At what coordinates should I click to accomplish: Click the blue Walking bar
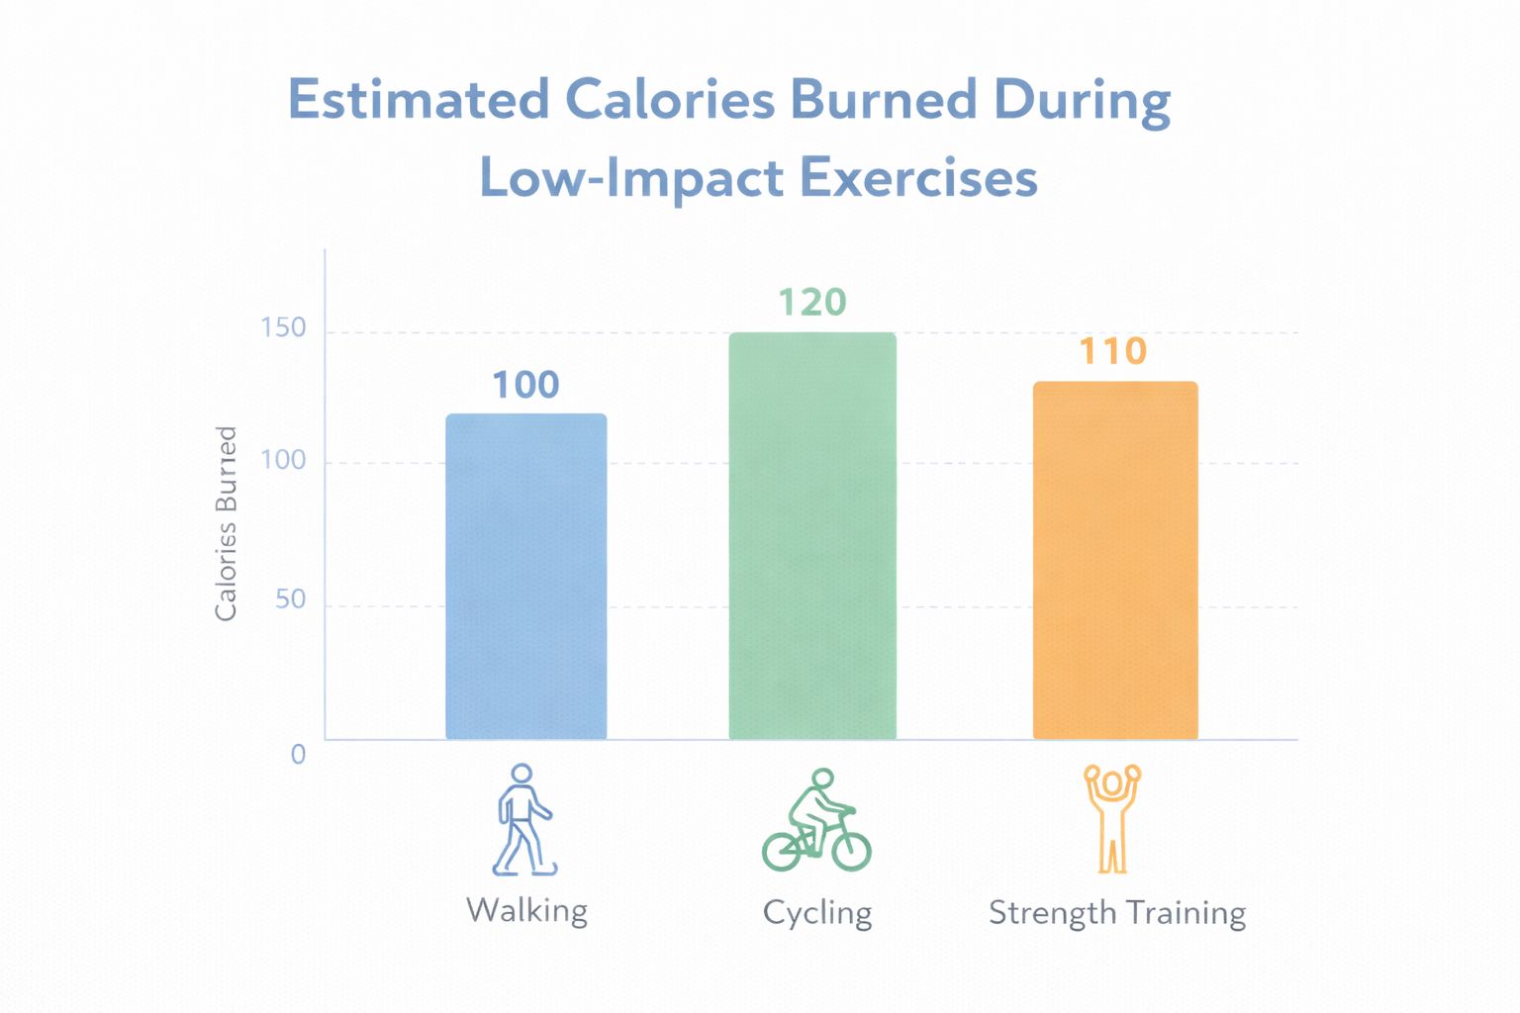[x=525, y=576]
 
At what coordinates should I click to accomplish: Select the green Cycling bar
[x=812, y=535]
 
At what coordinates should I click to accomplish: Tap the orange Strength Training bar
[x=1115, y=560]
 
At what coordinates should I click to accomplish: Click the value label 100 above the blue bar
[x=525, y=385]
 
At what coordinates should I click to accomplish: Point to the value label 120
[x=811, y=302]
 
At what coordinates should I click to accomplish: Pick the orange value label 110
[x=1112, y=351]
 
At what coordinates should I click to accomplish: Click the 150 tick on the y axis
[x=283, y=327]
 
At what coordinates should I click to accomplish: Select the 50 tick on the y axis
[x=290, y=599]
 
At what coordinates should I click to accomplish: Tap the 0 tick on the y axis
[x=298, y=754]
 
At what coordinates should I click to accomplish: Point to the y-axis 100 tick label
[x=283, y=460]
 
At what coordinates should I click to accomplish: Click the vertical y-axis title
[x=227, y=523]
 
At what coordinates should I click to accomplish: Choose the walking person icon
[x=522, y=819]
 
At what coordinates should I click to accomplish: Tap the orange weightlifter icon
[x=1112, y=818]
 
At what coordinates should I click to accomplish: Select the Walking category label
[x=526, y=910]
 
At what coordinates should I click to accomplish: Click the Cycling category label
[x=817, y=912]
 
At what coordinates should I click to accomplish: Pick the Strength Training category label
[x=1116, y=912]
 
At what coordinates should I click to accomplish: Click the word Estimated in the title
[x=419, y=100]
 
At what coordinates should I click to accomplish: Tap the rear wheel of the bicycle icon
[x=782, y=850]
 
